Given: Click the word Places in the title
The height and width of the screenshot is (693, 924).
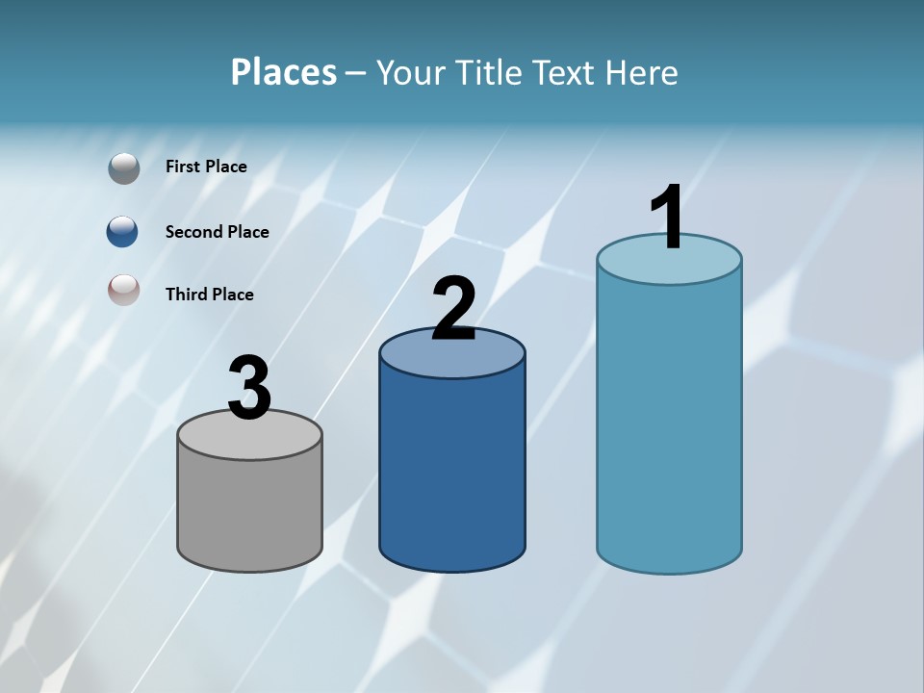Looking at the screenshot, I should [x=284, y=72].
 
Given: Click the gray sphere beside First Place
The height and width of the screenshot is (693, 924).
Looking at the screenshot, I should [x=123, y=168].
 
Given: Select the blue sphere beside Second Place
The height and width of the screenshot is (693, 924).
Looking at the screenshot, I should [x=122, y=231].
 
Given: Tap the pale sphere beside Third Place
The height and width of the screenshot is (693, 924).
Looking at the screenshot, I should [x=123, y=290].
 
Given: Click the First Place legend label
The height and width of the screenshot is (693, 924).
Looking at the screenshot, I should [x=206, y=167].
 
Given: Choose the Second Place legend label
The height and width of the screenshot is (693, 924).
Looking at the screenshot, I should [x=217, y=232].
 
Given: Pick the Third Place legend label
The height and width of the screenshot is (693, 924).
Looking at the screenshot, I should [x=209, y=295].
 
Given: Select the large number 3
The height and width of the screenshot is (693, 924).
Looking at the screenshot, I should [x=249, y=389].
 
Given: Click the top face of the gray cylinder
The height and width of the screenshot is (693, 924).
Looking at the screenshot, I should [x=250, y=439].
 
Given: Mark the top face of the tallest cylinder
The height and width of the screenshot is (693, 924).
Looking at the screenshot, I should [x=669, y=265].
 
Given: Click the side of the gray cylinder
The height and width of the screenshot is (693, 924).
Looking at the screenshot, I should [x=250, y=510].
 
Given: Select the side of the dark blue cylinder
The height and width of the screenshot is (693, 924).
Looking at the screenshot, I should [x=452, y=472].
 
